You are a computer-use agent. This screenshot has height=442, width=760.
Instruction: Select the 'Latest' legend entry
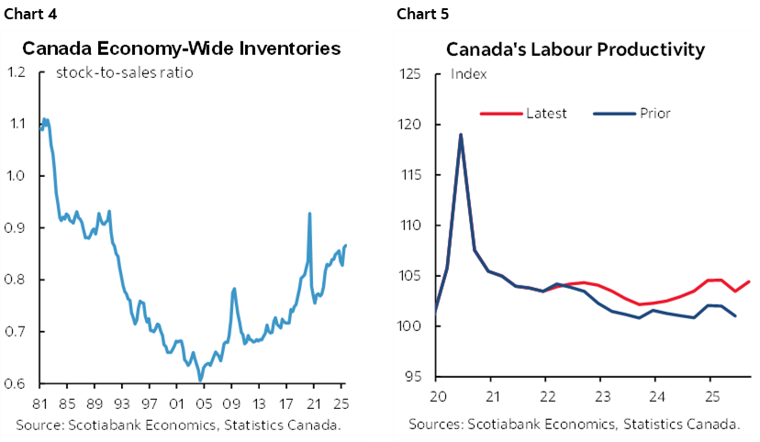pos(546,114)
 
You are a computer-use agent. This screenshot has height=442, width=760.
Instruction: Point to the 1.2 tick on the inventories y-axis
pos(17,72)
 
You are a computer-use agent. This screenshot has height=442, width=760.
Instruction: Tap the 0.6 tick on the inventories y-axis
pos(17,384)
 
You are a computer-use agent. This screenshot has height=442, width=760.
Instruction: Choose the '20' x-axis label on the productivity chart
pos(437,396)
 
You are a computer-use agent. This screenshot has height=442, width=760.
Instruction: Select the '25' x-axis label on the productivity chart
pos(710,396)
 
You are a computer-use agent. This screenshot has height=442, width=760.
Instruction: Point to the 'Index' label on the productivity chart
pos(469,74)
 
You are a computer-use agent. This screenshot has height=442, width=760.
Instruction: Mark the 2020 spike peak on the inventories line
pos(309,214)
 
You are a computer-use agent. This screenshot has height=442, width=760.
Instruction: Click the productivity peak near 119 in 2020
pos(461,135)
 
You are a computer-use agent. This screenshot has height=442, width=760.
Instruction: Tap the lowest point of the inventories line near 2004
pos(200,380)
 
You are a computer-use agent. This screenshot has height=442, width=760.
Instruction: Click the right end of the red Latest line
pos(750,282)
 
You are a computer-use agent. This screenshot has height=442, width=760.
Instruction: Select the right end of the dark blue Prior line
pos(736,316)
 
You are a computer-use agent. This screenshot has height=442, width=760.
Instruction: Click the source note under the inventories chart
pos(178,425)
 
